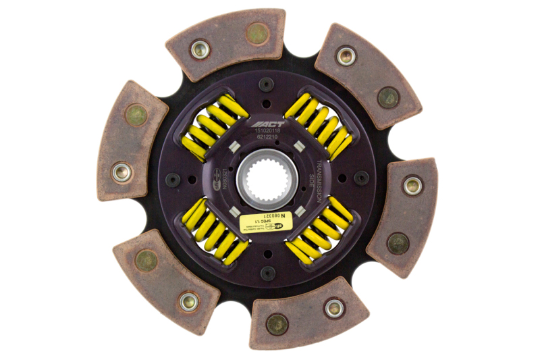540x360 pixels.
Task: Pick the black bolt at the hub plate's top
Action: point(267,84)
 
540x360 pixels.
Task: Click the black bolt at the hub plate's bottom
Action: point(267,274)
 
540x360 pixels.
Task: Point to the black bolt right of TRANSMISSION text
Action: point(362,178)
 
